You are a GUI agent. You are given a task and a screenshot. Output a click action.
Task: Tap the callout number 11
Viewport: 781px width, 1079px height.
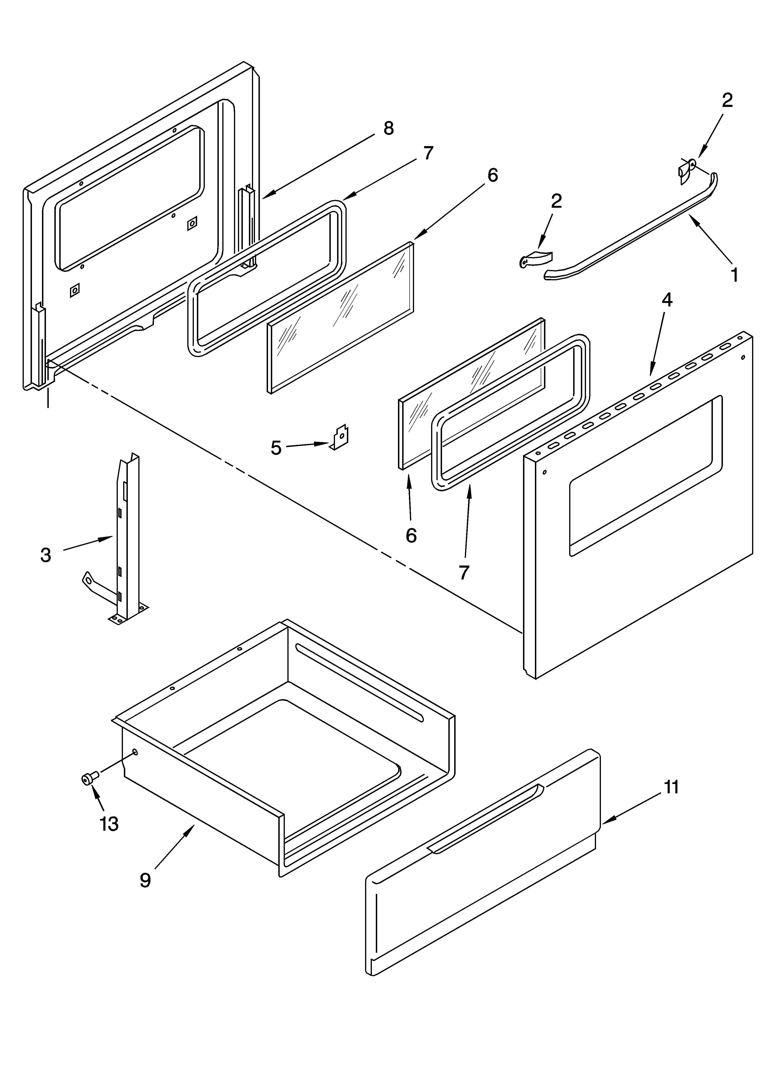tap(671, 787)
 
